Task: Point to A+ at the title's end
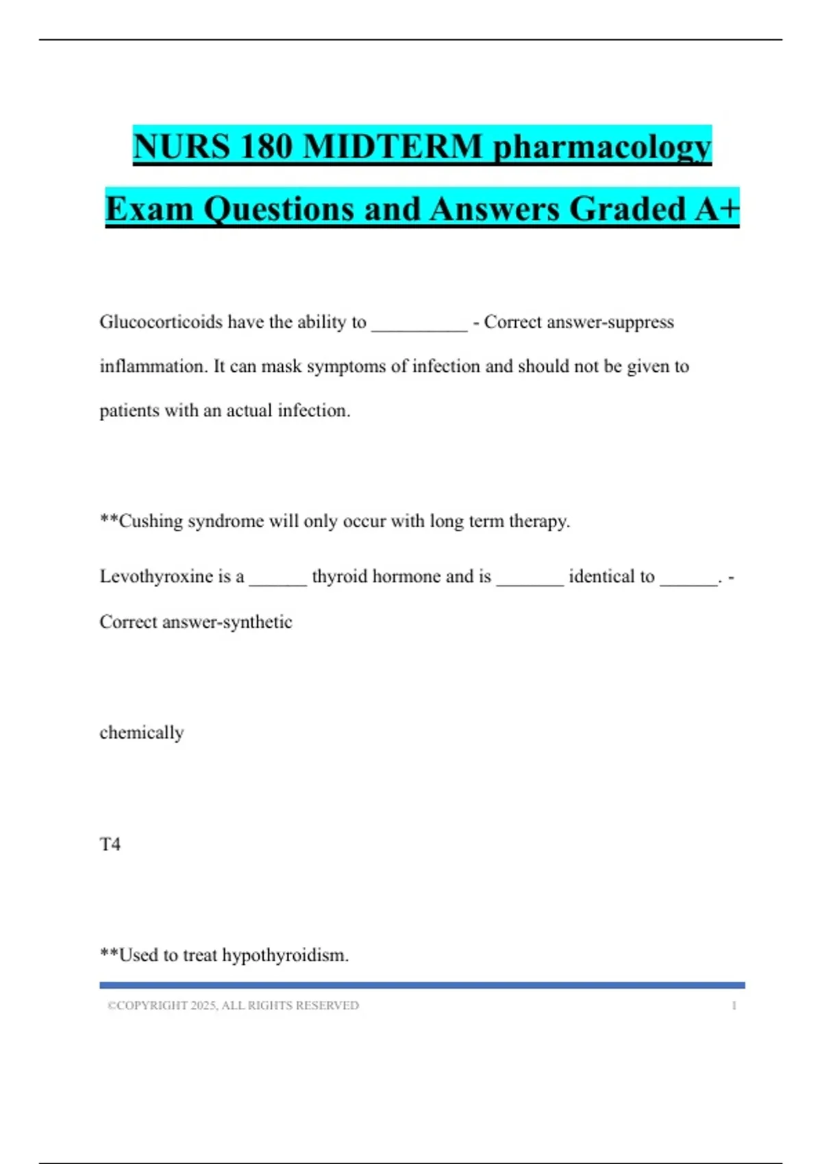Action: (x=717, y=209)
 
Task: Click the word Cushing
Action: (x=150, y=522)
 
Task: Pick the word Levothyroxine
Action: (x=156, y=577)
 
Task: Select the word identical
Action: (x=612, y=577)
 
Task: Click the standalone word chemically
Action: (x=142, y=733)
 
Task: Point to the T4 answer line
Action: (x=110, y=844)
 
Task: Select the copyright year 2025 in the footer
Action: (x=203, y=1006)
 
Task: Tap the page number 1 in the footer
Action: (x=734, y=1006)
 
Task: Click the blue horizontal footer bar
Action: (x=422, y=985)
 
